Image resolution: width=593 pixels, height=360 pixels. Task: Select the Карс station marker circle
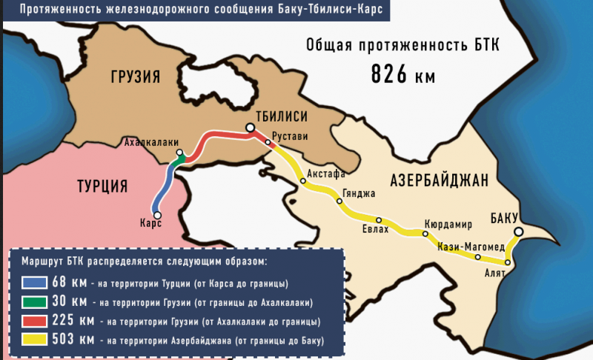[x=157, y=215]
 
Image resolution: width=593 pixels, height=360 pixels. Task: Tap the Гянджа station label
[x=359, y=193]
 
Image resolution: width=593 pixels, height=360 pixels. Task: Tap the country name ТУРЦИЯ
[x=102, y=185]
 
